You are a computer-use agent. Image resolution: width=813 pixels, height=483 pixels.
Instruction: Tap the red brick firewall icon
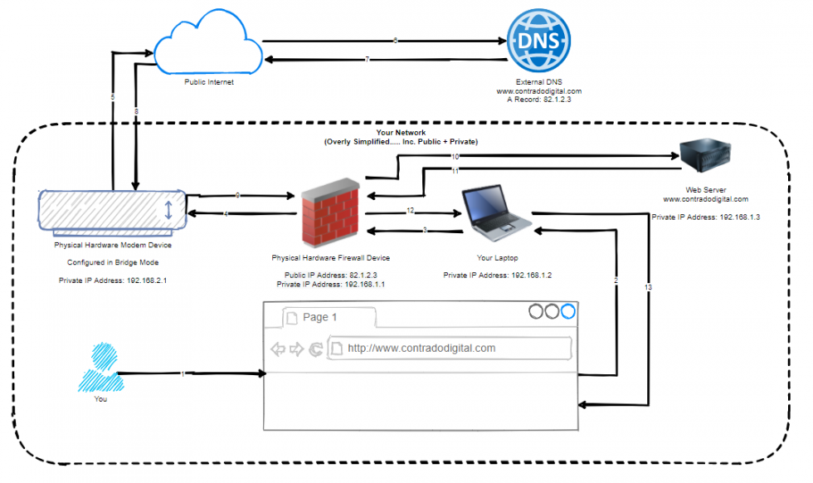[x=330, y=212]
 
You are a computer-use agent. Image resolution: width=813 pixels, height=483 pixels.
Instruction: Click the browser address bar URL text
[x=421, y=349]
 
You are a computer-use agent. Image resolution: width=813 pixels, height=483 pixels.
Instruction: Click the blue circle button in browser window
[x=568, y=312]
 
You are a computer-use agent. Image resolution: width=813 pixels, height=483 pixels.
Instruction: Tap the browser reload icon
[x=315, y=349]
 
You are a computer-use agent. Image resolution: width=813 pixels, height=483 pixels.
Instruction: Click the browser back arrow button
[x=279, y=349]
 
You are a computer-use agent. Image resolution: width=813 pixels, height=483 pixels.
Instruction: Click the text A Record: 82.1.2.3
[x=539, y=99]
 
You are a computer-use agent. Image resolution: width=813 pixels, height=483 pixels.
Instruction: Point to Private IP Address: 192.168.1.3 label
[x=706, y=217]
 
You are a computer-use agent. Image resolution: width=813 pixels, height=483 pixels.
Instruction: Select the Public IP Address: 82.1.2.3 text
[x=330, y=276]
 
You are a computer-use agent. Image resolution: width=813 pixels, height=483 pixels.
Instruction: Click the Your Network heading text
[x=400, y=133]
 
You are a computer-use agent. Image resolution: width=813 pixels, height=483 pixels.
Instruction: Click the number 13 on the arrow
[x=648, y=287]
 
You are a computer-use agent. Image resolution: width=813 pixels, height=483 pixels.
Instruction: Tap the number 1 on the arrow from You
[x=183, y=374]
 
